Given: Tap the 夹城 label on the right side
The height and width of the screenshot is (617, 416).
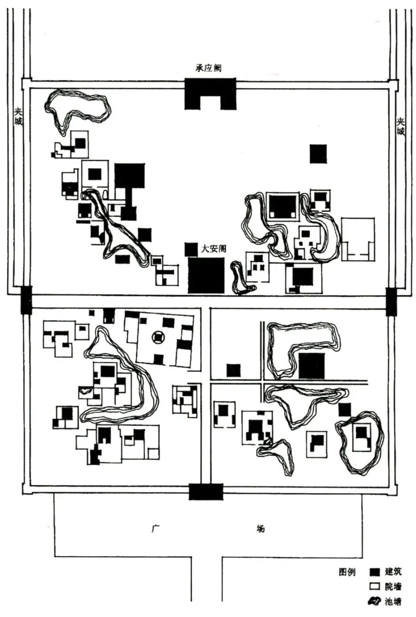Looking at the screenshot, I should [x=401, y=126].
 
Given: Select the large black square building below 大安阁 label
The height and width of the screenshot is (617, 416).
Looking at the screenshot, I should [x=206, y=275].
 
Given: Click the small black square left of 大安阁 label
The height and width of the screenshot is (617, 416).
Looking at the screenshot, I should [x=191, y=249].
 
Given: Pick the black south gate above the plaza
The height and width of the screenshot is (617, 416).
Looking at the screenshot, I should [x=206, y=492].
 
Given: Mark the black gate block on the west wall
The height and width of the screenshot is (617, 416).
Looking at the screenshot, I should [x=27, y=300].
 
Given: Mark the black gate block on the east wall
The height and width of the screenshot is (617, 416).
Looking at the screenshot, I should [x=391, y=301].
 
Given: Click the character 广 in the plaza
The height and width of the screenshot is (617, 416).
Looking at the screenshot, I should [x=155, y=529].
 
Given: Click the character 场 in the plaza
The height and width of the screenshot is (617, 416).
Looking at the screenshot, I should [x=261, y=529].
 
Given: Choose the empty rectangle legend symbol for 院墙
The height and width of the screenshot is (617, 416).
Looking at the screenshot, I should [x=375, y=586].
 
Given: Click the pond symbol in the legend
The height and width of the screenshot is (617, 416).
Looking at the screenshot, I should [x=375, y=601].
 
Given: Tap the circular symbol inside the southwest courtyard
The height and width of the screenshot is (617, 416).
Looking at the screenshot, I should [x=158, y=338].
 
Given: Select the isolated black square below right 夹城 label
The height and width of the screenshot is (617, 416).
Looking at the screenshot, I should [x=318, y=154].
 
